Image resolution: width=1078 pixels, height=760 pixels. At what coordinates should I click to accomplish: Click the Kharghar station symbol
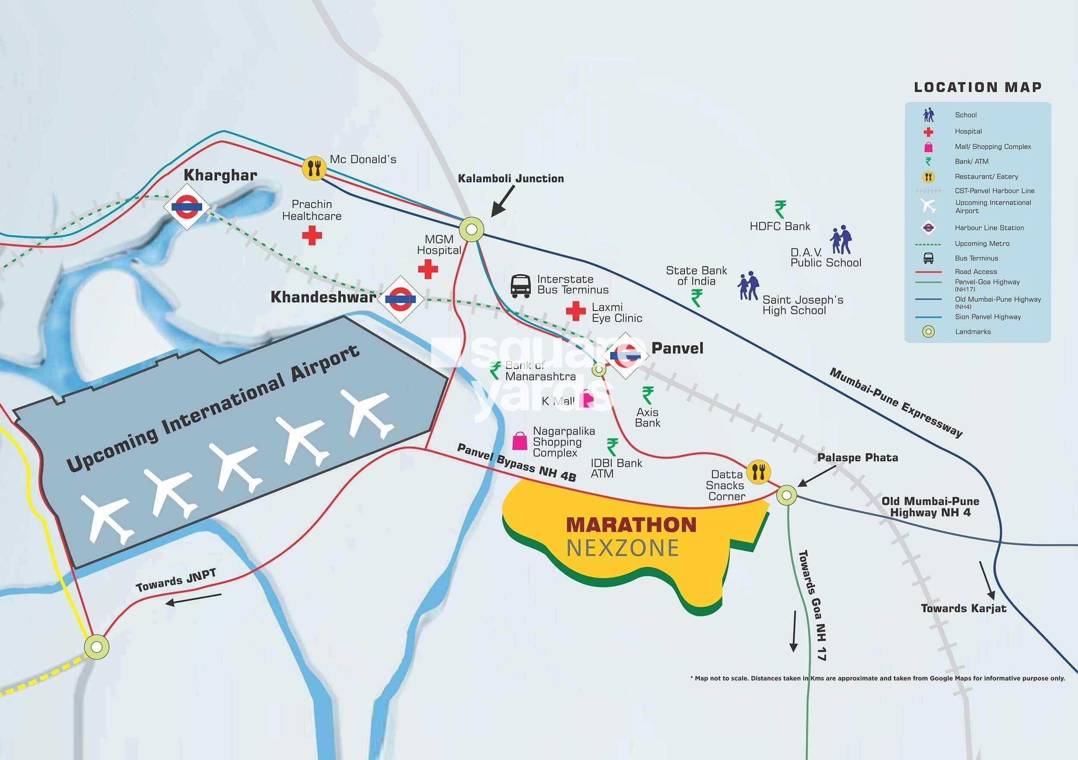click(186, 206)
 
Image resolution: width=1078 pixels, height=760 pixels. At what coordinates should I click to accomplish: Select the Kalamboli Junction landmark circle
click(471, 229)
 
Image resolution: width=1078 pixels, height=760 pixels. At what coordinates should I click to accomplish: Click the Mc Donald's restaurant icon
click(314, 168)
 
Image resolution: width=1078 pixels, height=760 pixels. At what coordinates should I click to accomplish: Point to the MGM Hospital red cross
click(428, 269)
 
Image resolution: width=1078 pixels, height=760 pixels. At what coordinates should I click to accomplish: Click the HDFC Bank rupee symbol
click(780, 210)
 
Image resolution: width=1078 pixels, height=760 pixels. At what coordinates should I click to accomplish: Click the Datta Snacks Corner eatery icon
click(758, 471)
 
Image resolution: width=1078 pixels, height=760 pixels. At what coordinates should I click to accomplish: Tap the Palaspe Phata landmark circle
click(787, 495)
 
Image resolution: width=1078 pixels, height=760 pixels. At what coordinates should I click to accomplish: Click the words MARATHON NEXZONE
click(630, 536)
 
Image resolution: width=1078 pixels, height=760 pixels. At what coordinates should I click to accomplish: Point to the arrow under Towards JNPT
click(193, 600)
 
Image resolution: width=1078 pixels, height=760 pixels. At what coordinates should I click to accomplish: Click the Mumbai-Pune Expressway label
click(895, 403)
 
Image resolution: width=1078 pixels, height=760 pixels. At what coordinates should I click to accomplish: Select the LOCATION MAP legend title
click(978, 88)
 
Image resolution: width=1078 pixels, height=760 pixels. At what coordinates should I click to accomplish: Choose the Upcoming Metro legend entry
click(982, 244)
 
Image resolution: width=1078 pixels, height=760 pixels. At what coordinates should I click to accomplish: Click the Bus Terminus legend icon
click(928, 258)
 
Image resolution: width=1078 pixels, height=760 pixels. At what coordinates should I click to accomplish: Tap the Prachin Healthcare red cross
click(312, 235)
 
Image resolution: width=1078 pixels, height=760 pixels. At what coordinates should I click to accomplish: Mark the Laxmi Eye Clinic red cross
click(575, 311)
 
